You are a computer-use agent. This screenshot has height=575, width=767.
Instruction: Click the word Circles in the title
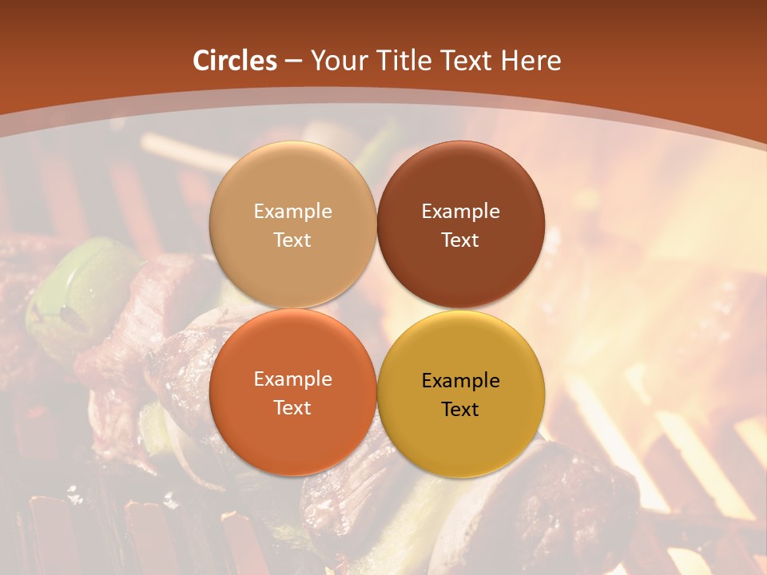pyautogui.click(x=235, y=61)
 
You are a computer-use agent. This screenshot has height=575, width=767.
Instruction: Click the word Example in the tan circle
pyautogui.click(x=292, y=212)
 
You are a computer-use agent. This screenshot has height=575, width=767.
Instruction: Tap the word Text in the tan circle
pyautogui.click(x=292, y=240)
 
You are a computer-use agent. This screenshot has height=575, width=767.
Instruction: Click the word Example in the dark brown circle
pyautogui.click(x=460, y=212)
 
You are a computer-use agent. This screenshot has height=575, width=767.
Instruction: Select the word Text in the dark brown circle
pyautogui.click(x=460, y=240)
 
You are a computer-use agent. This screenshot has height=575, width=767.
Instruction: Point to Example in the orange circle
pyautogui.click(x=292, y=379)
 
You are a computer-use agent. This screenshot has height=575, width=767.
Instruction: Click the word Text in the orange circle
pyautogui.click(x=292, y=408)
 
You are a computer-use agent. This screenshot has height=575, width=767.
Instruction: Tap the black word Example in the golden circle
pyautogui.click(x=460, y=381)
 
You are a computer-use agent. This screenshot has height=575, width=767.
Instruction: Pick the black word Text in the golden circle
pyautogui.click(x=460, y=410)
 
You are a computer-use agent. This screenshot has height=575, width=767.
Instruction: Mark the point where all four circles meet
pyautogui.click(x=377, y=308)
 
